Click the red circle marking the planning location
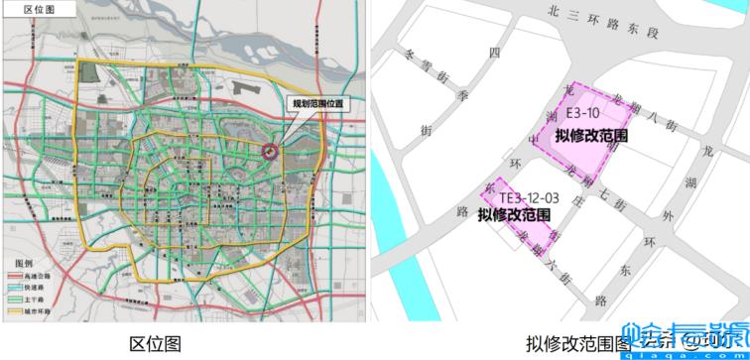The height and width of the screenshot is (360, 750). tap(270, 151)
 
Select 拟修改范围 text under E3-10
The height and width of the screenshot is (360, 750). tap(591, 136)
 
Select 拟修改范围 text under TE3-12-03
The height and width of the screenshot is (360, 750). tap(514, 214)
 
